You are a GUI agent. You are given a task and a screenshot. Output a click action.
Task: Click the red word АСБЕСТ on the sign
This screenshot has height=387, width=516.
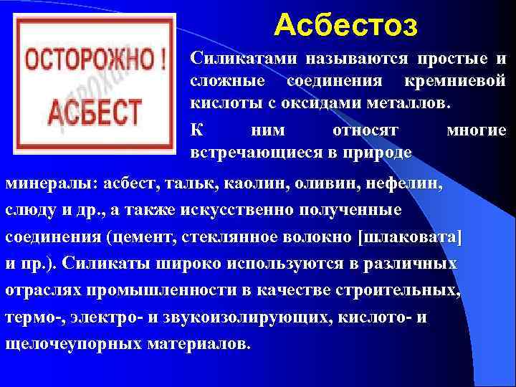(x=95, y=112)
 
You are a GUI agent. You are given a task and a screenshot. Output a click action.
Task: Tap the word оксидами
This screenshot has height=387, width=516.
(x=339, y=102)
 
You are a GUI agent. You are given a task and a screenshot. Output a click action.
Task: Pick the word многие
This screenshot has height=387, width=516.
(x=476, y=130)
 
